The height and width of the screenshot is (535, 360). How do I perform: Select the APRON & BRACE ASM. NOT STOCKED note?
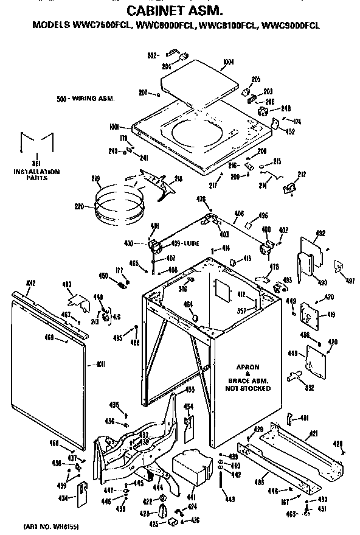(x=249, y=377)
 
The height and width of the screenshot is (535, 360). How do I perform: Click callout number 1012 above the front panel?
(x=31, y=282)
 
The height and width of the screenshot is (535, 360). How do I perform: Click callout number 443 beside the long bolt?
(x=229, y=500)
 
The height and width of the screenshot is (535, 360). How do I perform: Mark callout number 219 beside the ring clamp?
(x=95, y=178)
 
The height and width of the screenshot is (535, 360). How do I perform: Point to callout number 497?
(x=350, y=281)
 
